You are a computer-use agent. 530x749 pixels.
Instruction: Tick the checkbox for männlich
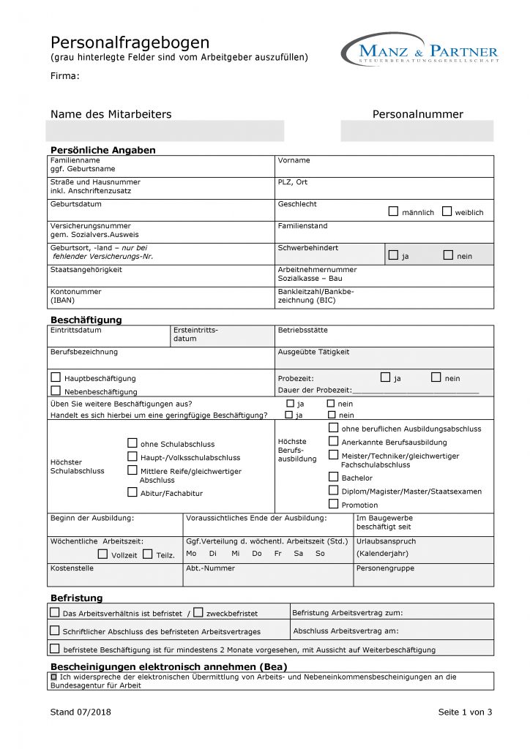(394, 211)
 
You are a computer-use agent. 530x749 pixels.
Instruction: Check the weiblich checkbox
(447, 211)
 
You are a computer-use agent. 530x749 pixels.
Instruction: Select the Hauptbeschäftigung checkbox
(56, 377)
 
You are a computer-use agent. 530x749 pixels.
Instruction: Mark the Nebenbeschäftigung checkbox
(56, 391)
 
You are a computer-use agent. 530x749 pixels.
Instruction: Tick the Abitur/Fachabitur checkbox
(132, 492)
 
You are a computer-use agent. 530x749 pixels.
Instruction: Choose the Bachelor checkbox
(334, 477)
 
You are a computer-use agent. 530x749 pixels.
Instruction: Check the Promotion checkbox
(334, 504)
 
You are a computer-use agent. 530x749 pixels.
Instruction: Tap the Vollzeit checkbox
(102, 554)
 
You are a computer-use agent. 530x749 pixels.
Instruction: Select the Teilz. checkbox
(148, 554)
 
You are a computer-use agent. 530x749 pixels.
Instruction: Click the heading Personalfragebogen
(130, 42)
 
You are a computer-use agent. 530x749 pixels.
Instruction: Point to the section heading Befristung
(76, 598)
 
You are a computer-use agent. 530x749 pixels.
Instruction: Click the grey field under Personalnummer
(417, 131)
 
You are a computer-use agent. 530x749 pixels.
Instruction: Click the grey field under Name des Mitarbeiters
(165, 131)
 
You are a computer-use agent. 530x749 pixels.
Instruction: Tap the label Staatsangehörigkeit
(86, 270)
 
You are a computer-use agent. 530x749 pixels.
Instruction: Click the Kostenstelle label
(72, 568)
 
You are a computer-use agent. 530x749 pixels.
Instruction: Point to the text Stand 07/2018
(81, 712)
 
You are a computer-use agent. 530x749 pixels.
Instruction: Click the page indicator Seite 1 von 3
(465, 712)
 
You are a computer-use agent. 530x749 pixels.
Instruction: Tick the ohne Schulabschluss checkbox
(132, 443)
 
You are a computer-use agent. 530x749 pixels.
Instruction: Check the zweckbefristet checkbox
(198, 612)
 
